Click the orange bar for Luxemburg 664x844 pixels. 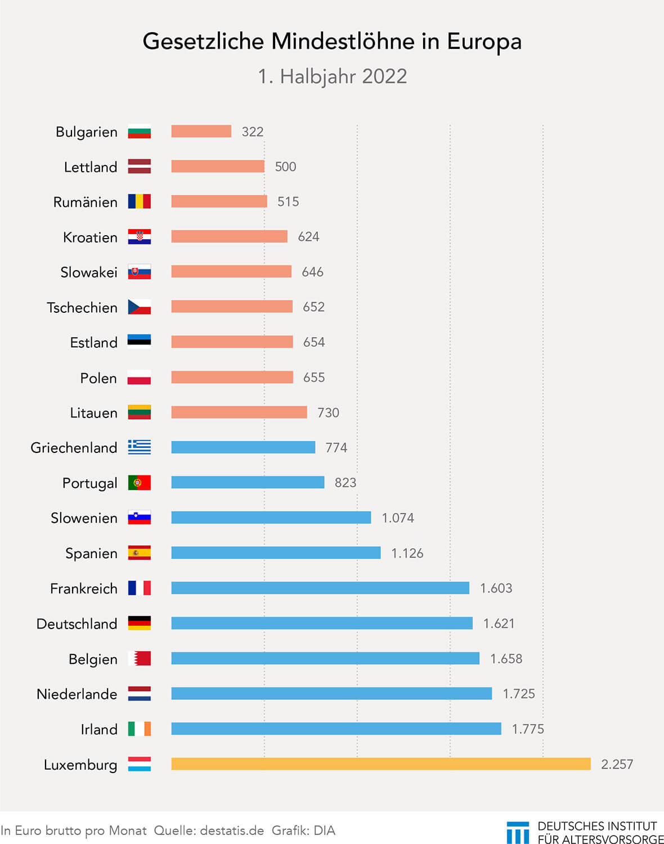coord(381,764)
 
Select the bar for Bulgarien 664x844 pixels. coord(201,131)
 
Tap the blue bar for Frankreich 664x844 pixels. coord(320,588)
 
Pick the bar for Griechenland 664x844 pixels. coord(243,447)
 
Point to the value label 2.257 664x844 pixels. coord(617,764)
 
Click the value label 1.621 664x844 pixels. coord(499,623)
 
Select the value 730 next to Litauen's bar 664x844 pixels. coord(328,412)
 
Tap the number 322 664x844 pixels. coord(253,132)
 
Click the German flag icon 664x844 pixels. coord(139,623)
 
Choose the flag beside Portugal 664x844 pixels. coord(139,483)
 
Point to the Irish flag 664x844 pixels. coord(139,729)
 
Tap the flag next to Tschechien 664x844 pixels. coord(139,307)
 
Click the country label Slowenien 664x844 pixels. coord(84,518)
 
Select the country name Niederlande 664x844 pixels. coord(77,694)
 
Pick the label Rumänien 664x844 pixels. coord(85,202)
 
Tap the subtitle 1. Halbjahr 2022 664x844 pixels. coord(332,77)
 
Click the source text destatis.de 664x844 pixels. coord(232,830)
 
